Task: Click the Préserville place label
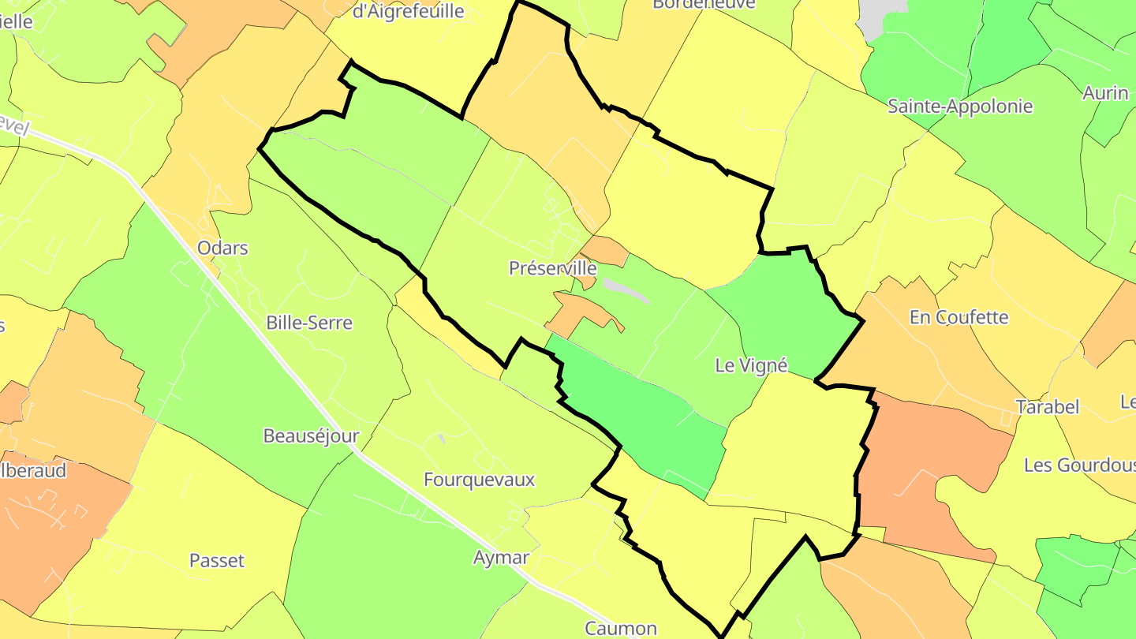552,268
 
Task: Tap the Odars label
222,248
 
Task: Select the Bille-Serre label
309,323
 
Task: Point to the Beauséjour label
311,435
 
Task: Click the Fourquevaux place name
479,480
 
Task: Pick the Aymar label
501,558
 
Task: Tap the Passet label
217,561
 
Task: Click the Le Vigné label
751,365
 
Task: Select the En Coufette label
958,317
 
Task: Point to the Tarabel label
1047,407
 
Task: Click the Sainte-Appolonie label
960,106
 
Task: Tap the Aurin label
1105,92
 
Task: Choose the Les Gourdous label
1079,465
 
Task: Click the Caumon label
621,629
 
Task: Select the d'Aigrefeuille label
407,11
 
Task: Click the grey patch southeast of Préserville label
626,290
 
